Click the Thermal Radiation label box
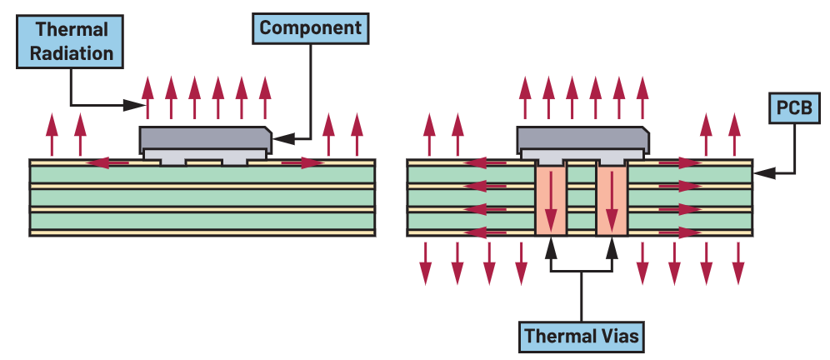70,42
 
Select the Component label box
310,28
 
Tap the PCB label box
794,108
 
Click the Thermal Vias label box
581,336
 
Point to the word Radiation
71,53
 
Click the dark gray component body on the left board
205,138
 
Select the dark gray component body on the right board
582,138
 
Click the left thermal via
551,199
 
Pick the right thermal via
612,199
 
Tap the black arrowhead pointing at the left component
282,138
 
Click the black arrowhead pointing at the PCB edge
764,172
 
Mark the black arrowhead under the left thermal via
551,247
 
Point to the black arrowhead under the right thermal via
612,247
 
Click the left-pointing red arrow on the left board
107,162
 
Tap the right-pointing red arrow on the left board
302,162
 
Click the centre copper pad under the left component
204,162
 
